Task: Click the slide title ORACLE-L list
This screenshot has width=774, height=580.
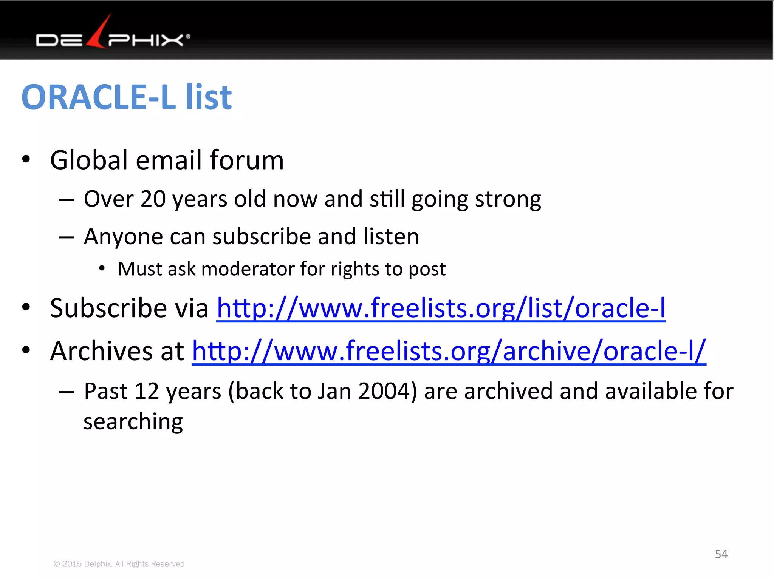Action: pos(127,97)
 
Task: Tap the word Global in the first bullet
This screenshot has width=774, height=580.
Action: pos(89,160)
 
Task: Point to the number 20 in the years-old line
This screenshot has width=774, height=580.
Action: pos(153,199)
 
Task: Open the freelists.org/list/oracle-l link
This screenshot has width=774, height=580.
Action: pos(441,309)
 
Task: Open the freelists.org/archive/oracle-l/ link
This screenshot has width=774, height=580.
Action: pos(449,351)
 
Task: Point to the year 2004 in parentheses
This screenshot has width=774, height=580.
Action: pos(384,391)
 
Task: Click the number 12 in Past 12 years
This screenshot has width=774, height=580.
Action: pos(147,391)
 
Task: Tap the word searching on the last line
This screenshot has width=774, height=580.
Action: pos(133,422)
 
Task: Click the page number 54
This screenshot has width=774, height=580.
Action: pos(721,554)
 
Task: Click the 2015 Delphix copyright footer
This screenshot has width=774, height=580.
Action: pos(119,564)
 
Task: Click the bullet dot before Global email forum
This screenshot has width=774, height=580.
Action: pos(26,159)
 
